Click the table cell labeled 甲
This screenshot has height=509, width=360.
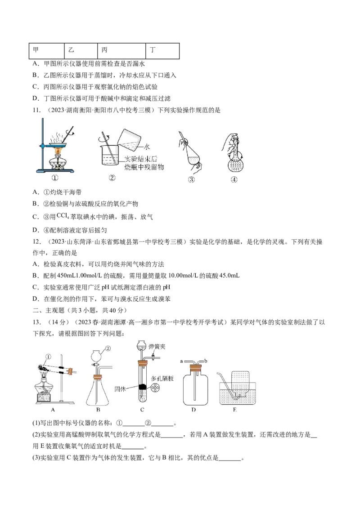click(46, 51)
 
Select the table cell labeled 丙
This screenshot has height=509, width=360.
click(121, 51)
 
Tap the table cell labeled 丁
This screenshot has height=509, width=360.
click(162, 51)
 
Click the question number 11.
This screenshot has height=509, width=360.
click(37, 110)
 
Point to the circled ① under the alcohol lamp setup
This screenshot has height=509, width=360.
click(54, 178)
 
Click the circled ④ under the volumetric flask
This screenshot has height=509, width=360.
click(234, 179)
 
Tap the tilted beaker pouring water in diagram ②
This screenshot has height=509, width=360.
click(129, 140)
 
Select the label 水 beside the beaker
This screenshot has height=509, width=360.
click(147, 147)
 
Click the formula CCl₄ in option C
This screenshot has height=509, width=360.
click(63, 215)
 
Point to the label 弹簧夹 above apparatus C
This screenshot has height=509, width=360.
click(157, 347)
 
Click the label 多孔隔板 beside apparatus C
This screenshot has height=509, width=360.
click(162, 379)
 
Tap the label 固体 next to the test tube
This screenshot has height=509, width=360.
click(120, 388)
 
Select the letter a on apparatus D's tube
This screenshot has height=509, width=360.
click(182, 361)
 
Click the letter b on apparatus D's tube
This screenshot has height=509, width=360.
click(205, 361)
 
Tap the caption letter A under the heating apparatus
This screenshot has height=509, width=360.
click(53, 410)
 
